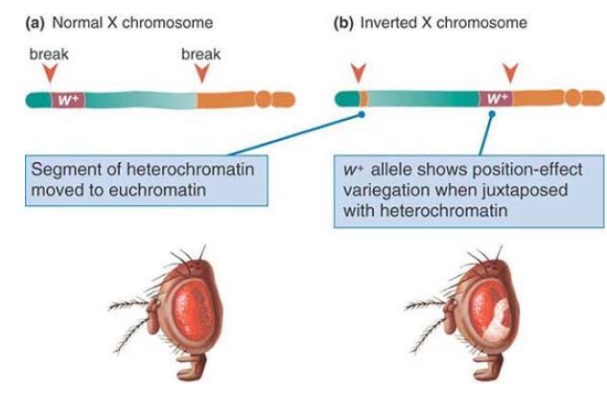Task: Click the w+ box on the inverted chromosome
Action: click(495, 98)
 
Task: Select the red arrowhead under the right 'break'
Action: click(200, 73)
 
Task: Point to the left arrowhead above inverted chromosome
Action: click(359, 73)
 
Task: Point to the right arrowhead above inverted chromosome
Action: click(511, 73)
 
